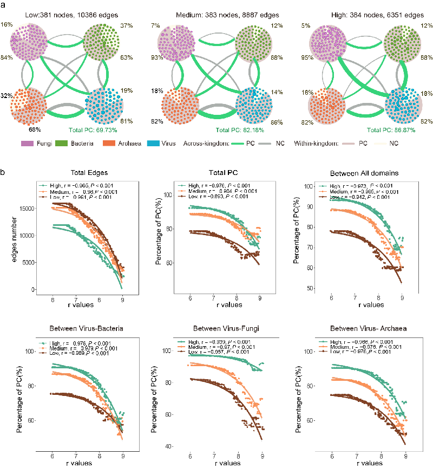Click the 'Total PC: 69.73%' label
93,130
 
